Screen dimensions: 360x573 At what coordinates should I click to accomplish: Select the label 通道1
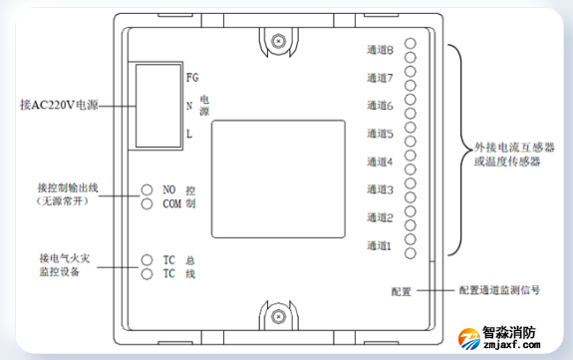(381, 244)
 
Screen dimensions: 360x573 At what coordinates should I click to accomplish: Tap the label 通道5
(381, 133)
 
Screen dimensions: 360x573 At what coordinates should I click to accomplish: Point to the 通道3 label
(381, 188)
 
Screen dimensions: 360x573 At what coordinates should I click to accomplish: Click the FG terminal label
(192, 77)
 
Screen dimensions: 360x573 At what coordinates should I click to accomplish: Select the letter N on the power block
(189, 105)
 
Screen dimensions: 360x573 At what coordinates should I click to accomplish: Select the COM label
(172, 204)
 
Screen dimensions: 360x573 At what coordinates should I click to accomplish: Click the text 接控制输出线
(70, 186)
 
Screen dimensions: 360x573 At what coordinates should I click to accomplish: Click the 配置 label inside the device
(402, 291)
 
